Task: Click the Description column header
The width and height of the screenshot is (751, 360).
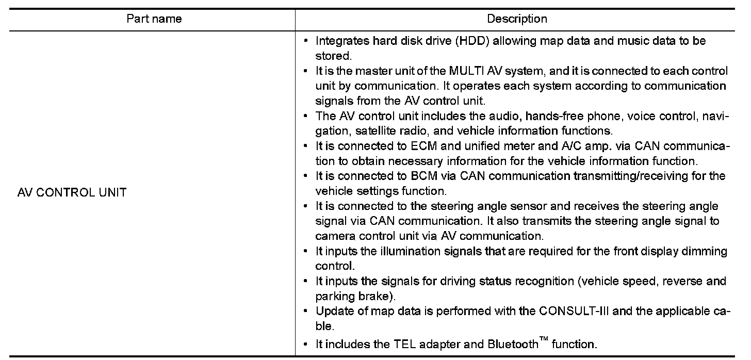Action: (517, 20)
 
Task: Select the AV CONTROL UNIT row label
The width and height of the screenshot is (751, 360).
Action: (72, 194)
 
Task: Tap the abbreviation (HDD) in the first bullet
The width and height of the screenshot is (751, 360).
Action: (471, 41)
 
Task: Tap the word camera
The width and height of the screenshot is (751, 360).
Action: (334, 236)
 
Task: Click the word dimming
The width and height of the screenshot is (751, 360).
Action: (703, 252)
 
